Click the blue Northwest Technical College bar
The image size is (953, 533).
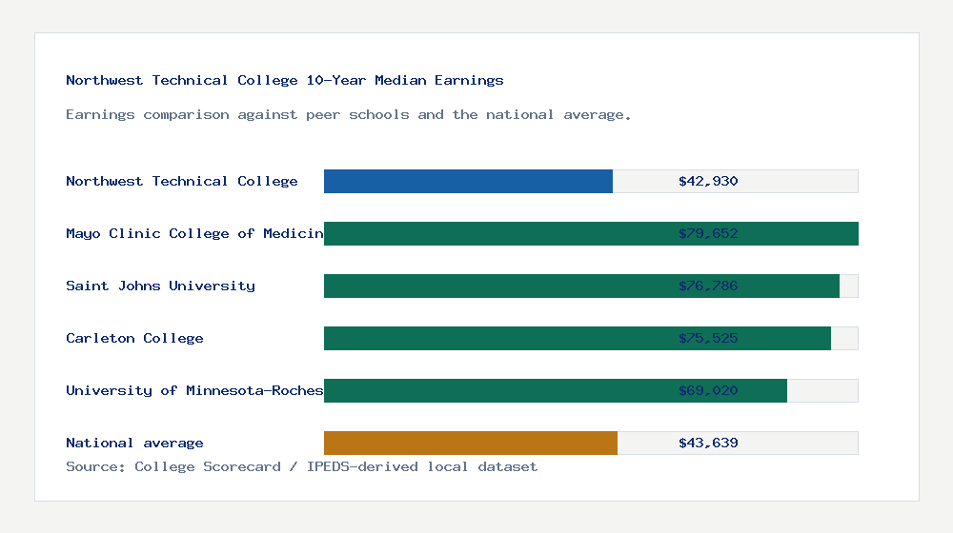pos(468,181)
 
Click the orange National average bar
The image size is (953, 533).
pos(471,443)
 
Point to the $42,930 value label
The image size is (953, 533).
pos(708,181)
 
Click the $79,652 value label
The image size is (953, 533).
pos(708,233)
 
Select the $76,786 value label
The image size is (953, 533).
pos(708,286)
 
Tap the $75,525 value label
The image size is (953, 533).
pos(708,338)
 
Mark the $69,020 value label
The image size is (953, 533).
pos(708,390)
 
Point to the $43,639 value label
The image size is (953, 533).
pos(708,443)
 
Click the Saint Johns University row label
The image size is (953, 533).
pos(160,286)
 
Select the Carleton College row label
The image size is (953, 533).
pos(134,338)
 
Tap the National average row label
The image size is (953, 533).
pos(134,443)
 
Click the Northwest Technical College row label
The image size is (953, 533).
pos(182,181)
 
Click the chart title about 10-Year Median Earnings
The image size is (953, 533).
pos(285,80)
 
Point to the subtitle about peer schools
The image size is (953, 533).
pos(349,114)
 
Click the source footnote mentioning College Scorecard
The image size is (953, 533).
pos(301,466)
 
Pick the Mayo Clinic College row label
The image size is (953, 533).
pos(194,233)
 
